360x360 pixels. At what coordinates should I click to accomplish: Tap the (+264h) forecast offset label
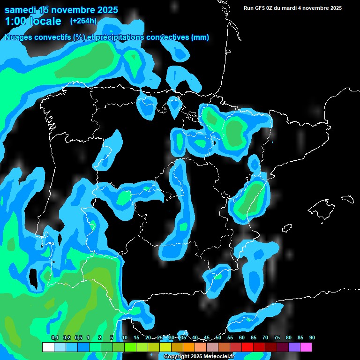pos(83,21)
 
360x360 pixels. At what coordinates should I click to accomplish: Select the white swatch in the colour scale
pos(48,347)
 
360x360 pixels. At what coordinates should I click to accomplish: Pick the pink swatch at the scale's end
pos(306,347)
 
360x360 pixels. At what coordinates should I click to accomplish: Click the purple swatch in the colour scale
pos(294,347)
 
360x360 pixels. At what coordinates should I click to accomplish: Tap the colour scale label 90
pos(312,338)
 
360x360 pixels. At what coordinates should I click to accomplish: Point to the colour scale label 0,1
pos(54,338)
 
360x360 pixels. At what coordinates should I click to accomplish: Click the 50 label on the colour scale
pos(218,338)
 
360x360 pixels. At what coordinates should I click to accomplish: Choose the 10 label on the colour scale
pos(125,338)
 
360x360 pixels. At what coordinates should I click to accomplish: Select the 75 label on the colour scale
pos(277,338)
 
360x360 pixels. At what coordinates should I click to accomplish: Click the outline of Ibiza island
pos(287,228)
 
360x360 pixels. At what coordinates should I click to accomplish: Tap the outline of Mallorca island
pos(321,206)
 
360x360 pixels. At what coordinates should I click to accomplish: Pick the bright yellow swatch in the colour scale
pos(165,347)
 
